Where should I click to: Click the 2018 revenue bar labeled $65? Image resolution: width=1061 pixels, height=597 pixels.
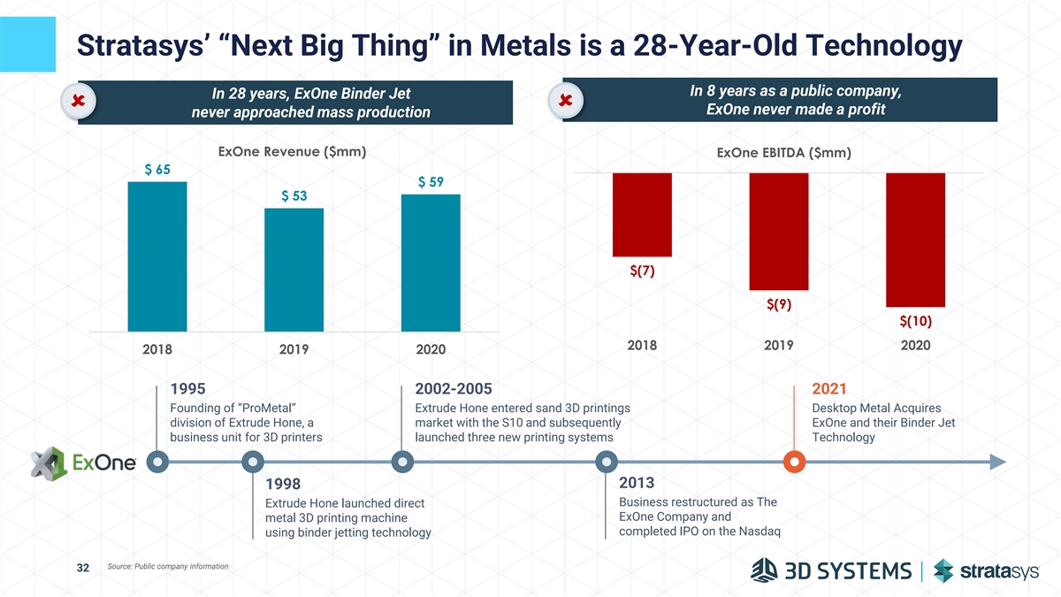157,256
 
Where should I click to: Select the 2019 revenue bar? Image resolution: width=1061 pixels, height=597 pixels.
294,270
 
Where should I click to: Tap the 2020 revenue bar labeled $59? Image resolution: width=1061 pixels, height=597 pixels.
431,263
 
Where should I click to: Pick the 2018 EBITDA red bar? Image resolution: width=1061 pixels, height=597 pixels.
642,214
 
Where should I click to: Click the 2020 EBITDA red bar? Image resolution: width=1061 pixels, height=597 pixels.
915,239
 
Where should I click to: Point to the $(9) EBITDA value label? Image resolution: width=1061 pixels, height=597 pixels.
779,305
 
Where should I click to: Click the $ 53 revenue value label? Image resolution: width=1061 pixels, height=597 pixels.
294,195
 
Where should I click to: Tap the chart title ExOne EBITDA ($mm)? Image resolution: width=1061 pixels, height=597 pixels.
784,154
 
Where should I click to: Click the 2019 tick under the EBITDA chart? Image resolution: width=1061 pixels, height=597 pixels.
779,346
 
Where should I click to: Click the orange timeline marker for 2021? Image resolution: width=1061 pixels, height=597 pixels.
795,462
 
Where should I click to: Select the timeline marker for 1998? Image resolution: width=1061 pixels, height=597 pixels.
253,462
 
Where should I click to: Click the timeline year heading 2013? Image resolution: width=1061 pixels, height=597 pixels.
637,483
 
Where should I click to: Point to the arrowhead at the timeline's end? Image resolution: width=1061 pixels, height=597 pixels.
996,462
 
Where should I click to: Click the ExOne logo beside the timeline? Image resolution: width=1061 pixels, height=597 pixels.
84,463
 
